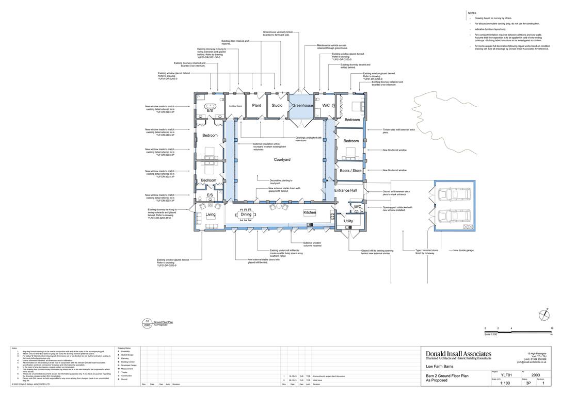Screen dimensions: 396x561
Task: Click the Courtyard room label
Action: (x=282, y=160)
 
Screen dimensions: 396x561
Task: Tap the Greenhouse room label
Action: (x=303, y=105)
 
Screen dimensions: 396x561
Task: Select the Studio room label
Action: (x=277, y=105)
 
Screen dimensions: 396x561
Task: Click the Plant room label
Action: (x=256, y=105)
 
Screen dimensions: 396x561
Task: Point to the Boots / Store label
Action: (x=350, y=171)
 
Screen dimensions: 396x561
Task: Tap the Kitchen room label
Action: (x=310, y=212)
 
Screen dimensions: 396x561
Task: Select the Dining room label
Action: (x=246, y=214)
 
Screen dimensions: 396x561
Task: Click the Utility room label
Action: (x=348, y=221)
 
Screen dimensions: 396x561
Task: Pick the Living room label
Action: (x=211, y=214)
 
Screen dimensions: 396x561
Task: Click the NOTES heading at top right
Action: (x=472, y=13)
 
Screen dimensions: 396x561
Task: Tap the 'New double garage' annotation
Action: (x=463, y=251)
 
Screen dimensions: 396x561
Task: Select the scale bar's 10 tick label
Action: (x=552, y=328)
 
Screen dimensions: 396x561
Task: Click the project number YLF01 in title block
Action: (x=507, y=375)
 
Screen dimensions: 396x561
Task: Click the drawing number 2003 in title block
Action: (x=536, y=375)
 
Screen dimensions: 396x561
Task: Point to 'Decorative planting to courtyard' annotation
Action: (x=281, y=181)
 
